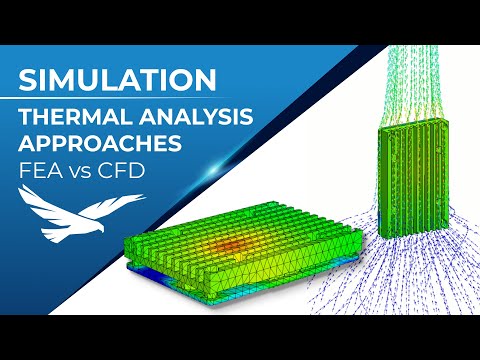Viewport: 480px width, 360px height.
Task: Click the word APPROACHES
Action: pos(101,142)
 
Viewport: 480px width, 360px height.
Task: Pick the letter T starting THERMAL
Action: pos(26,116)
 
